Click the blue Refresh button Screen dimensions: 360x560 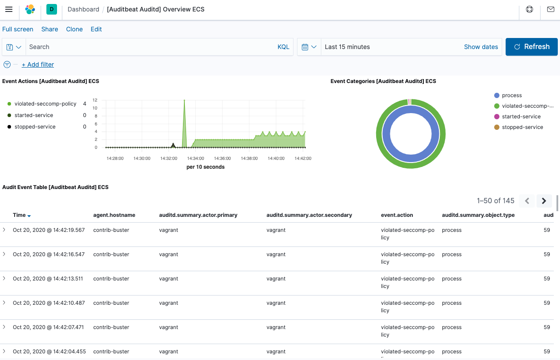(x=532, y=47)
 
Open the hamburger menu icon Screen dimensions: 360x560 (x=9, y=9)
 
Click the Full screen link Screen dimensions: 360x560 (x=18, y=29)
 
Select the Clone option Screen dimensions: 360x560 (x=74, y=29)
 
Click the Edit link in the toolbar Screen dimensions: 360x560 (x=96, y=29)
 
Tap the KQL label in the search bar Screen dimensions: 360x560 (x=283, y=47)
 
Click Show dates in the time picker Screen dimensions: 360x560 (x=481, y=47)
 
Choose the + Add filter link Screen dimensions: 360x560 (x=38, y=64)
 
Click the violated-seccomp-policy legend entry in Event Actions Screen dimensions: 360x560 (x=45, y=104)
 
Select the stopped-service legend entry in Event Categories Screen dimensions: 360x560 (x=522, y=127)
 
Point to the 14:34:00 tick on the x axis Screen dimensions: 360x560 (x=195, y=158)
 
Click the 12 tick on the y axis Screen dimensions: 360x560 (x=95, y=100)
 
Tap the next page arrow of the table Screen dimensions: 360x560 (x=544, y=201)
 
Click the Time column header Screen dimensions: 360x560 (x=19, y=215)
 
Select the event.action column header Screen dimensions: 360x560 (x=396, y=215)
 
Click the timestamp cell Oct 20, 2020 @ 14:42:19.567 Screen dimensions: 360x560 (x=49, y=230)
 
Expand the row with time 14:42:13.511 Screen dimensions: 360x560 (x=4, y=279)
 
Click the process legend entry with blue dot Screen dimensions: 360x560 (x=511, y=95)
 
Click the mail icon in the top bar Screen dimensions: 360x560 (x=550, y=9)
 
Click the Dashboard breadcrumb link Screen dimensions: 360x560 (x=83, y=9)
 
